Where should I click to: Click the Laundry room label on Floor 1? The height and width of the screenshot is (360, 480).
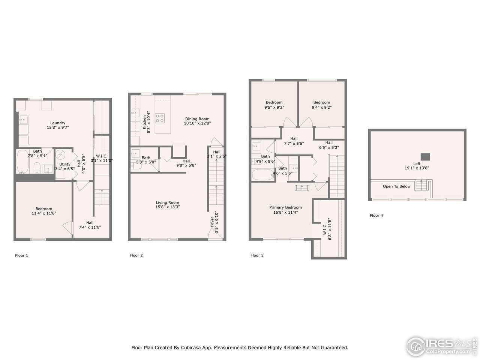(58, 123)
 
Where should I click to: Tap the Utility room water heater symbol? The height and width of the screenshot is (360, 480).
(60, 155)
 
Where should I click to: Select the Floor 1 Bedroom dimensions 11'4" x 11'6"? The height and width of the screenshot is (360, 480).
(44, 213)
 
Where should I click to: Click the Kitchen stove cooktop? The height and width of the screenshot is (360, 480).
(160, 118)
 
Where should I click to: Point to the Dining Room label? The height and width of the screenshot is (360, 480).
(197, 119)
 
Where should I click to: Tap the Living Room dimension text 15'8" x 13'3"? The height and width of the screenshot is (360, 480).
(168, 207)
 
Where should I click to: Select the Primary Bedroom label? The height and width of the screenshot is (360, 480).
(285, 207)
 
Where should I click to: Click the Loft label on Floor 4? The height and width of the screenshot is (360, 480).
(417, 163)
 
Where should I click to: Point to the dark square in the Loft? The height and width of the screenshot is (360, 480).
(425, 156)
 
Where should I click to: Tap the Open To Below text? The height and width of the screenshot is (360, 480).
(396, 186)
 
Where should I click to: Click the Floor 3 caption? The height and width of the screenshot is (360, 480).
(257, 255)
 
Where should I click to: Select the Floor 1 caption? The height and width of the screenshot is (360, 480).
(21, 255)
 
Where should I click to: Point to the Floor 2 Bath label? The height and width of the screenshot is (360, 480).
(145, 158)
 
